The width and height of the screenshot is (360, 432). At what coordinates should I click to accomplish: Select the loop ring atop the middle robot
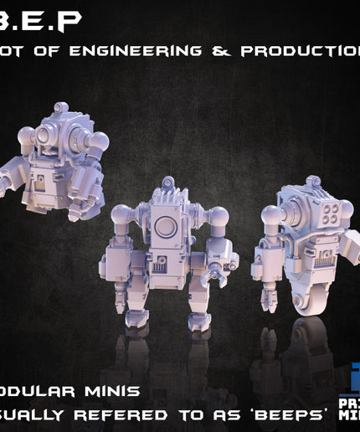coord(168,182)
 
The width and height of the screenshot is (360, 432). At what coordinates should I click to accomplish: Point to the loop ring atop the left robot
coord(60,108)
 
